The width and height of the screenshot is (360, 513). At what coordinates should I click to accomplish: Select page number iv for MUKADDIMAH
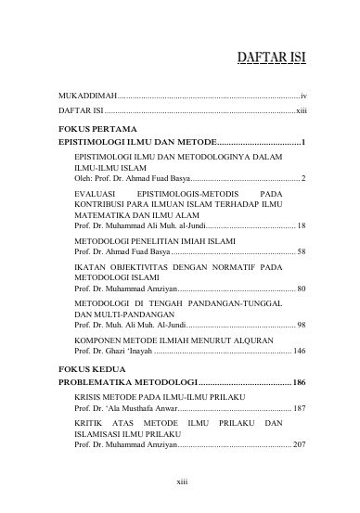pyautogui.click(x=303, y=96)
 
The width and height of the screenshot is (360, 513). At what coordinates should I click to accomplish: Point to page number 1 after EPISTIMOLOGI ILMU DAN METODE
pyautogui.click(x=303, y=141)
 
